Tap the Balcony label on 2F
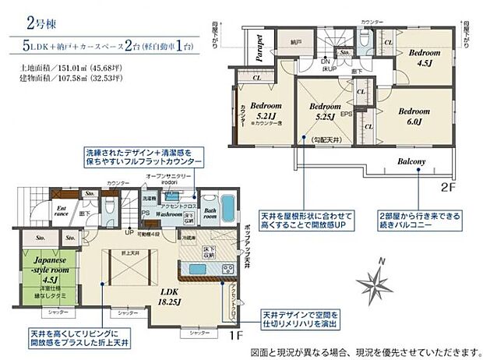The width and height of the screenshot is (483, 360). point(413,162)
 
